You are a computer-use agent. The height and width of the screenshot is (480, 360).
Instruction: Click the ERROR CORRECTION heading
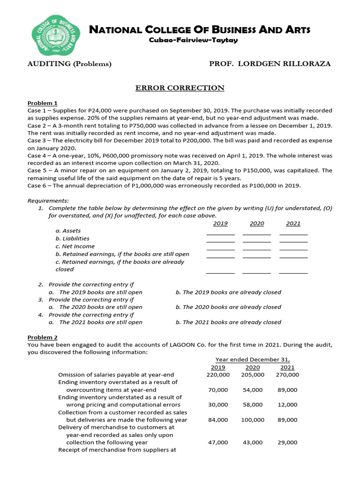[x=180, y=88]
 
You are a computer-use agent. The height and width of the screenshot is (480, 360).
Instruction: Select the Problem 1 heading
[x=42, y=103]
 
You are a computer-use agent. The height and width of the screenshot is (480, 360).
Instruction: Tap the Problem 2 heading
[x=42, y=337]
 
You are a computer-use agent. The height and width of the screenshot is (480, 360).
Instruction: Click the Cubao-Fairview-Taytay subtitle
[x=193, y=40]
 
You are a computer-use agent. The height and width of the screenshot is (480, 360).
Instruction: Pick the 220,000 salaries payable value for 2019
[x=218, y=375]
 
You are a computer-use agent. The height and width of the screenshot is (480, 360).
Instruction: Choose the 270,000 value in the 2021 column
[x=287, y=375]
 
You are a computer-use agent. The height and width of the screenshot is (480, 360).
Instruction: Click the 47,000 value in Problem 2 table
[x=218, y=442]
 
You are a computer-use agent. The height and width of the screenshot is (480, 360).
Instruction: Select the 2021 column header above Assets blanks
[x=293, y=224]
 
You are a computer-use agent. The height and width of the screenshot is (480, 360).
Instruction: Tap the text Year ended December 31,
[x=255, y=360]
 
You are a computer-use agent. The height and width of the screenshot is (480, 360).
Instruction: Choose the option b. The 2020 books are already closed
[x=228, y=307]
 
